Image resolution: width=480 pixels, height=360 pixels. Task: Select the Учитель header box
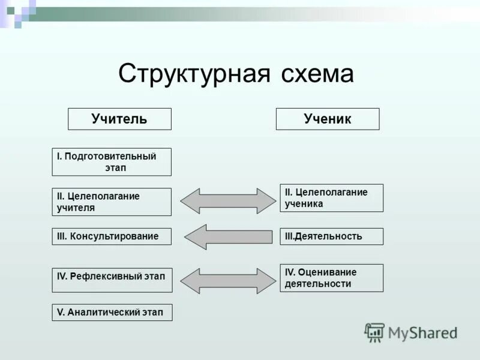(x=119, y=119)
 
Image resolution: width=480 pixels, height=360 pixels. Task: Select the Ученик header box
(x=328, y=119)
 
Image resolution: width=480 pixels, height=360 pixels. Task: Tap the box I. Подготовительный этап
(x=112, y=162)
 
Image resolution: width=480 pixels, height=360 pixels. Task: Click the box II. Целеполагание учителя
(x=112, y=202)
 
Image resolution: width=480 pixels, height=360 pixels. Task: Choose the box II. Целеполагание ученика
(x=331, y=198)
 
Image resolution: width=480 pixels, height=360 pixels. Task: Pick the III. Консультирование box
(x=112, y=236)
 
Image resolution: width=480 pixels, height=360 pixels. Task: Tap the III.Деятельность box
(x=331, y=236)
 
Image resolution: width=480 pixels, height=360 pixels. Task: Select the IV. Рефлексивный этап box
(x=112, y=280)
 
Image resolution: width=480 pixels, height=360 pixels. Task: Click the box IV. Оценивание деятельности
(x=331, y=278)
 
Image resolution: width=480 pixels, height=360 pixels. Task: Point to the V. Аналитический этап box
(x=112, y=313)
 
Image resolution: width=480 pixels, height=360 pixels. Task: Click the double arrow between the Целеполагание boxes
(x=227, y=201)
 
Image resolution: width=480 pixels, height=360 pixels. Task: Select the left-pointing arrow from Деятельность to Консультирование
(x=227, y=237)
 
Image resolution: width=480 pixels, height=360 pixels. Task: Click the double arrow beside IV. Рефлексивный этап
(x=227, y=281)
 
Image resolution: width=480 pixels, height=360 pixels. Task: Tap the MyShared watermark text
(x=422, y=332)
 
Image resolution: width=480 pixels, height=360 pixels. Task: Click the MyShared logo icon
(x=374, y=332)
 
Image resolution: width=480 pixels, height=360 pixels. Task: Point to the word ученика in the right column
(x=304, y=204)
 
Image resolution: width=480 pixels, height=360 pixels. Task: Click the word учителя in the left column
(x=76, y=208)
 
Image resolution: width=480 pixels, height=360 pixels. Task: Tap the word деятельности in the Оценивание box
(x=318, y=284)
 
